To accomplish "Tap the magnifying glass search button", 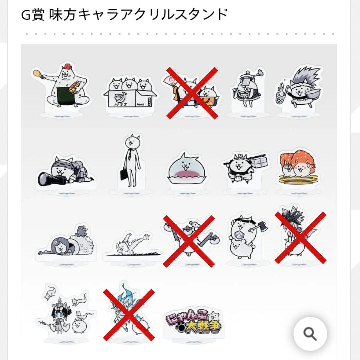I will [x=310, y=333].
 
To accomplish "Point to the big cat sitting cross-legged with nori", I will [x=63, y=87].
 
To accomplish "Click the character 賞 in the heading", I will [x=37, y=15].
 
